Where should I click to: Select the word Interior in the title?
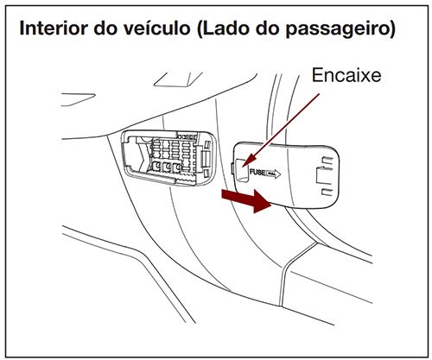click(x=57, y=28)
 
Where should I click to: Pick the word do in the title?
click(x=115, y=28)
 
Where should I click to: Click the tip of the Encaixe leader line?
click(x=245, y=161)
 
